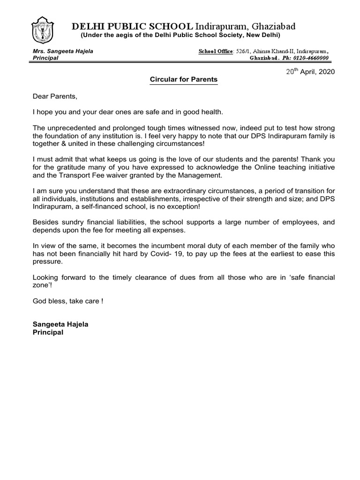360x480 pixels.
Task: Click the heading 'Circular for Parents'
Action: [183, 80]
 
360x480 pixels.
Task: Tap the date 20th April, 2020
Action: [311, 72]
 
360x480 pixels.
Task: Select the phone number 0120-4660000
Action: [310, 58]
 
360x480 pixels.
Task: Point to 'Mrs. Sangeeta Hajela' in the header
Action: [63, 51]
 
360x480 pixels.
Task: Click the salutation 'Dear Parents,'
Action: [54, 96]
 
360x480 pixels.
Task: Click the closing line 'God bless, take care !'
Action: [67, 300]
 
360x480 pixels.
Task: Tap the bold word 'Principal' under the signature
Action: [48, 332]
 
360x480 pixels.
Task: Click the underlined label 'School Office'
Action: [215, 51]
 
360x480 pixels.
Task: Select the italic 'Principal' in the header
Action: [45, 58]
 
